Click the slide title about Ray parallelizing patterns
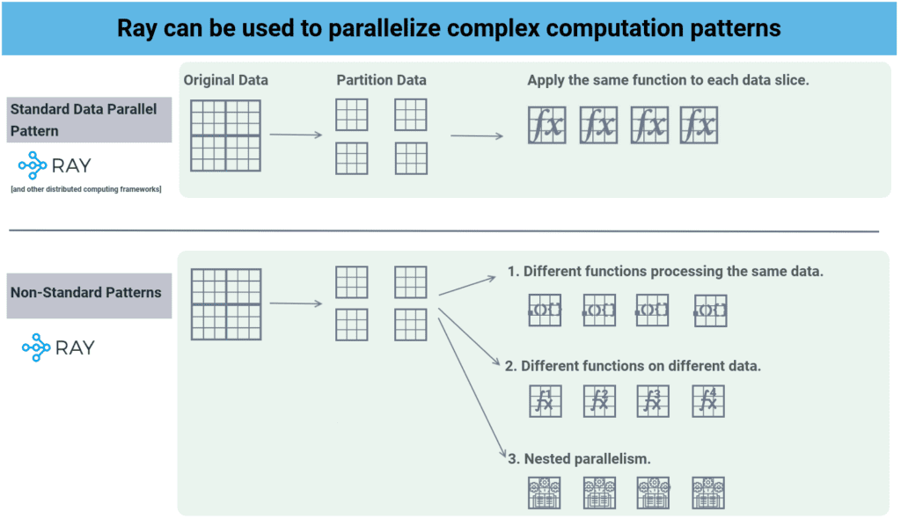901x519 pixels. pos(450,27)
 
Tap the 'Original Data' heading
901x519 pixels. pos(226,80)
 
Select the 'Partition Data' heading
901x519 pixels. pos(381,80)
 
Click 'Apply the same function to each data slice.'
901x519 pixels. pos(668,80)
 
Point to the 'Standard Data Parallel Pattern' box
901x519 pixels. pos(88,120)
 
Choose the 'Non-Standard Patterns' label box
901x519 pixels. pos(88,292)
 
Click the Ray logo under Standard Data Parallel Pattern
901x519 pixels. pos(55,165)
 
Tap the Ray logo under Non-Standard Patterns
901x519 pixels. pos(58,347)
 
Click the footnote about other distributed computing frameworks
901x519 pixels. pos(86,189)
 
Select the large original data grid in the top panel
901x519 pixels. pos(225,135)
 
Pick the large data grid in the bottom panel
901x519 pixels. pos(226,303)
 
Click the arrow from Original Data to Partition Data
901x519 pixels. pos(296,135)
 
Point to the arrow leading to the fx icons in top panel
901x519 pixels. pos(477,135)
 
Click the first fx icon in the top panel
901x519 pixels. pos(547,126)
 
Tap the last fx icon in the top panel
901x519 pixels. pos(699,126)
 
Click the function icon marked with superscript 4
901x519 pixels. pos(709,401)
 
